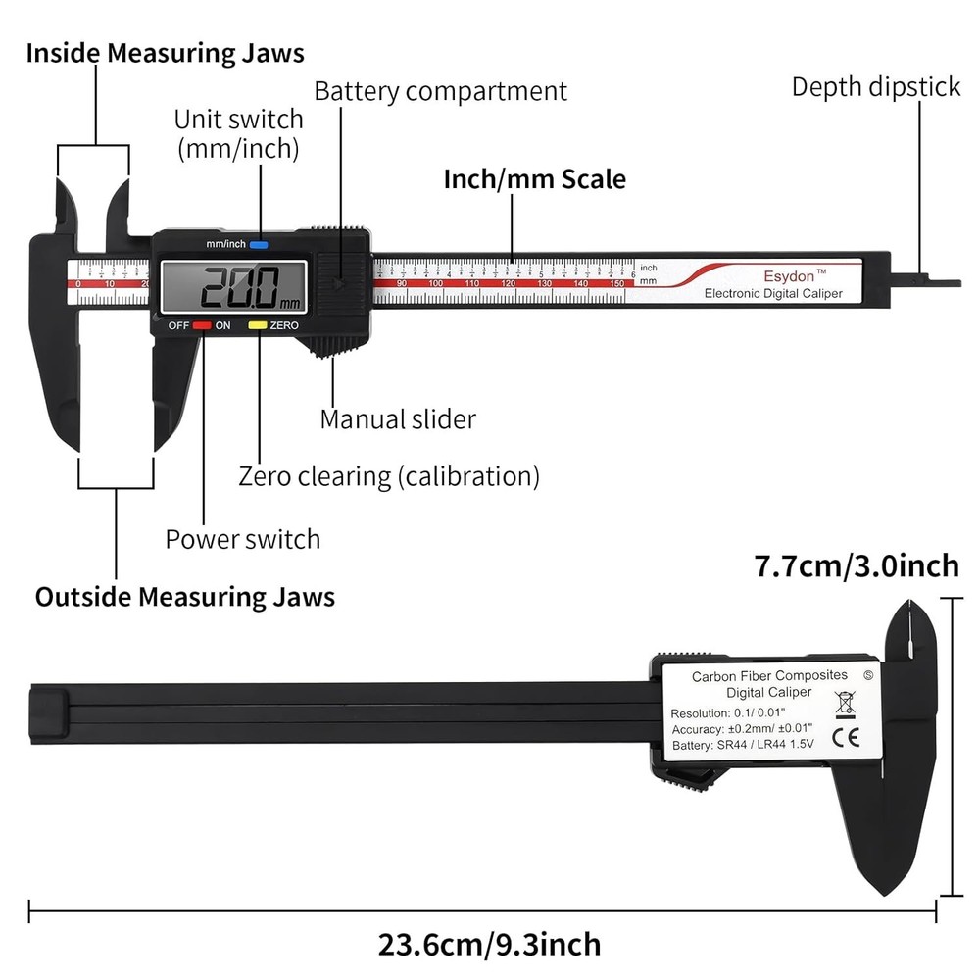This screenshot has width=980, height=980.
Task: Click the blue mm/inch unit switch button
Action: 259,244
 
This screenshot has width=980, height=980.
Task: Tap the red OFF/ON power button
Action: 202,325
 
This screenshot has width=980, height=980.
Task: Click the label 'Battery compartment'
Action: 440,92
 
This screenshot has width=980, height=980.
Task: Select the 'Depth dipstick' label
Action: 875,87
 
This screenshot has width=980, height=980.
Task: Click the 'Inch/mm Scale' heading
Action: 534,180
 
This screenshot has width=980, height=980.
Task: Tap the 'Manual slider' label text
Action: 398,419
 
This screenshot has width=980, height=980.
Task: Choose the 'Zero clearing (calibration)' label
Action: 389,477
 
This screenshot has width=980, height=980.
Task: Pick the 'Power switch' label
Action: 242,539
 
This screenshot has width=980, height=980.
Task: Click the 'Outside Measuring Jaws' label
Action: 185,597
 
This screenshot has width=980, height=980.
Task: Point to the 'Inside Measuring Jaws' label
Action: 165,53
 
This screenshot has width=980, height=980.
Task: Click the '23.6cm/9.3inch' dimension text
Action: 489,945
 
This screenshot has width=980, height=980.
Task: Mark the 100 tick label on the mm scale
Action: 436,284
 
